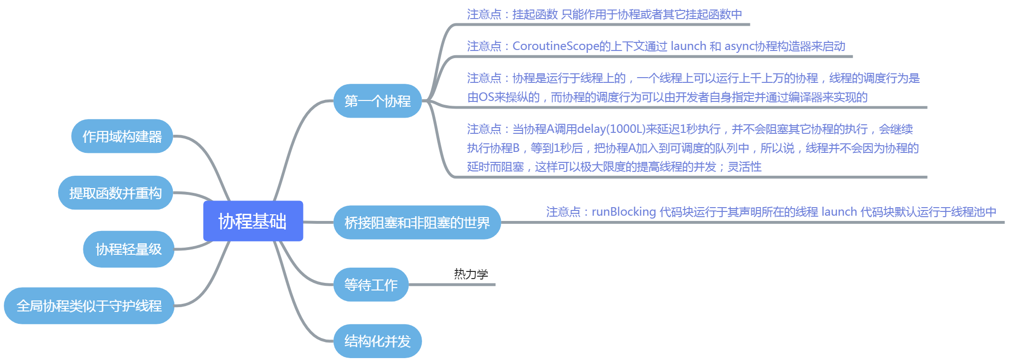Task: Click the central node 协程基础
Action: coord(253,221)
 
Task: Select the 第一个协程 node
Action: coord(377,101)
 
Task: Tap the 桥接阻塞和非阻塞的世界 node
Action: coord(417,222)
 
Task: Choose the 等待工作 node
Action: coord(371,285)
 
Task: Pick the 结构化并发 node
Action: coord(377,341)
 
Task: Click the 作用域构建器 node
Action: coord(122,137)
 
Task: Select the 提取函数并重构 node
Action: coord(115,193)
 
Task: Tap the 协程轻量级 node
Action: coord(129,249)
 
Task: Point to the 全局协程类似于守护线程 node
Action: coord(89,306)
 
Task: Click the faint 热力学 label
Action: coord(471,274)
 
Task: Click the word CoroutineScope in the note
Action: coord(555,46)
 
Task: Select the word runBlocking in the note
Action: coord(624,211)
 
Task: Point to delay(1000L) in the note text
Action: coord(611,129)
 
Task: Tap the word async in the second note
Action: coord(739,46)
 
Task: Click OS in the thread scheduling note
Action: coord(486,97)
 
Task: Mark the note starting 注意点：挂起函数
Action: coord(604,14)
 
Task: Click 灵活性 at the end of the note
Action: coord(744,167)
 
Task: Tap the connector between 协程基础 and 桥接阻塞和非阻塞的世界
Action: coord(318,222)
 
